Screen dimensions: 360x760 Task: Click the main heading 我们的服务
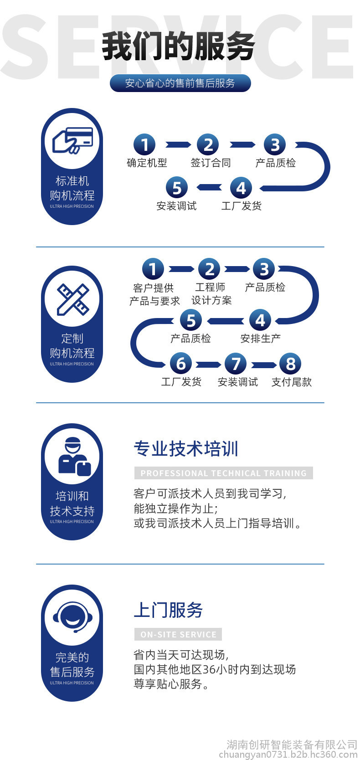pos(179,46)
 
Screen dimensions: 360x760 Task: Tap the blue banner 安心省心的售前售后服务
pos(180,83)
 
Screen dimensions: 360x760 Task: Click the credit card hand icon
pos(72,140)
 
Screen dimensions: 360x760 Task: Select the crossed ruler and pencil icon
pos(72,299)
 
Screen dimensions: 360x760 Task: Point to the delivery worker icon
pos(75,457)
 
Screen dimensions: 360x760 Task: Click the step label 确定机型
pos(147,163)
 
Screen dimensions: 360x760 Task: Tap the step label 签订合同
pos(211,163)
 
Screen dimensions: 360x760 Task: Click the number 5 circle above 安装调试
pos(177,187)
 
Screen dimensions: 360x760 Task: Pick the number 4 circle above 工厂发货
pos(241,188)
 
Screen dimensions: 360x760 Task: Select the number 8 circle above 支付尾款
pos(290,364)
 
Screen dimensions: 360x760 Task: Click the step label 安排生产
pos(260,338)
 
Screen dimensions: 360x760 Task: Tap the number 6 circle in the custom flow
pos(181,364)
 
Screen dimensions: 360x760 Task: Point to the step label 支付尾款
pos(292,382)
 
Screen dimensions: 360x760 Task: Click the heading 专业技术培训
pos(186,448)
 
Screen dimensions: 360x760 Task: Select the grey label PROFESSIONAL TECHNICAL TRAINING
pos(224,473)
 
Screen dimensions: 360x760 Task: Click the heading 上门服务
pos(168,610)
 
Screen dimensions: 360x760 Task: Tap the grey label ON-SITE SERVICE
pos(178,634)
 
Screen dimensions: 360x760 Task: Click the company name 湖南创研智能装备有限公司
pos(292,745)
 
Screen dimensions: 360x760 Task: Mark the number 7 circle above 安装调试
pos(236,364)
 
